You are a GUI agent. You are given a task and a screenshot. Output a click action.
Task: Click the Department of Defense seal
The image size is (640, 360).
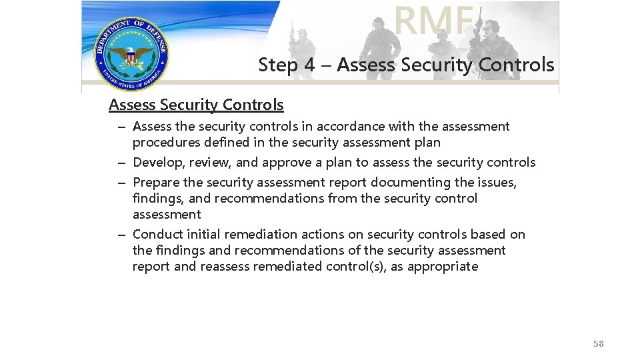131,54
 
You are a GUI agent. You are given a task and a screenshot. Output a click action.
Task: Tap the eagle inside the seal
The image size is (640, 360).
131,56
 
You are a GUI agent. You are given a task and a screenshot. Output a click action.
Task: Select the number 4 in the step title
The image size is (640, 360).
309,65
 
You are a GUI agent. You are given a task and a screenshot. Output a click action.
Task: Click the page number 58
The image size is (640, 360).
598,343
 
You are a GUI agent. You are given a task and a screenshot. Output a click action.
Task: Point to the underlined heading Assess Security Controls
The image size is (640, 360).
196,105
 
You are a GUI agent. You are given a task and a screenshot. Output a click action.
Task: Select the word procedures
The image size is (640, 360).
163,142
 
